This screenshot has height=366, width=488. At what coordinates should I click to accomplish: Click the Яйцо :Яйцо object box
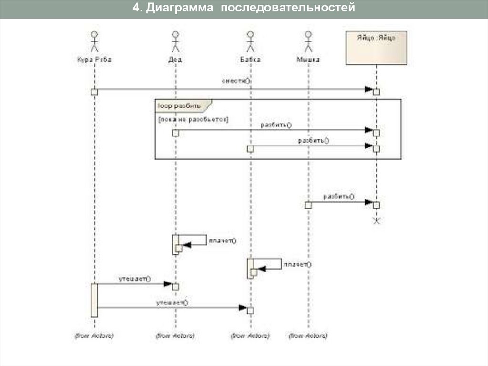(x=376, y=47)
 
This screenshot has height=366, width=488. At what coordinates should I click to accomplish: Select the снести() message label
(x=236, y=81)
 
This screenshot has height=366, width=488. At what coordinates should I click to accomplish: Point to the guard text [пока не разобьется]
(x=193, y=119)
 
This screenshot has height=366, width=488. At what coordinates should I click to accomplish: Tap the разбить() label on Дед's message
(x=276, y=125)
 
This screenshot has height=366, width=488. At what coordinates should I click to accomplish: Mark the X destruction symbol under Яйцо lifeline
(x=376, y=220)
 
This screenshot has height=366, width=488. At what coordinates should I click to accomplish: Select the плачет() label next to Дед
(x=222, y=241)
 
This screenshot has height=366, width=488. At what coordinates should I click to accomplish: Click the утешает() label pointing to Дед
(x=134, y=279)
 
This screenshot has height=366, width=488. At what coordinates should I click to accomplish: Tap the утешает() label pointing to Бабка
(x=172, y=302)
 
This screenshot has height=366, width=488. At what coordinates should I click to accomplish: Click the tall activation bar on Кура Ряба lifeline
(x=94, y=300)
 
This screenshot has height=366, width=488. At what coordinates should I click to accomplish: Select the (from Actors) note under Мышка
(x=308, y=336)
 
